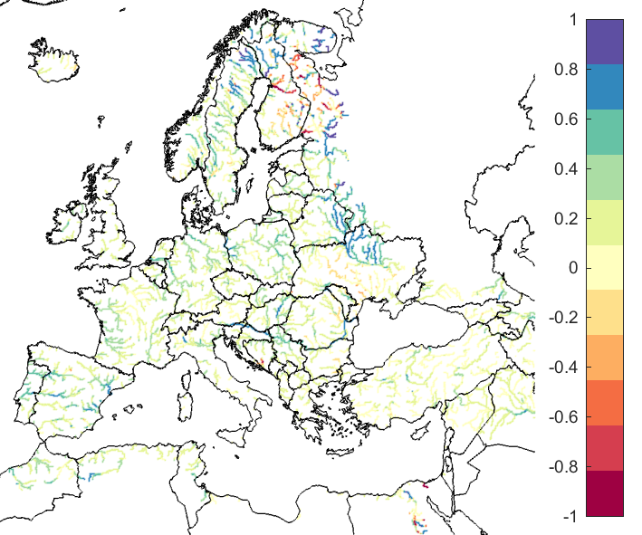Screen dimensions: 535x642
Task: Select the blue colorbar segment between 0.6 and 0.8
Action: [604, 87]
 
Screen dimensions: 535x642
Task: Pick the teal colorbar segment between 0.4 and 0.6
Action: [604, 132]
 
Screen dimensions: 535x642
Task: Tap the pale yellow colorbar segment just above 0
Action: [604, 256]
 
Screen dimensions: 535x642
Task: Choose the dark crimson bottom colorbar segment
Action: [604, 493]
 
